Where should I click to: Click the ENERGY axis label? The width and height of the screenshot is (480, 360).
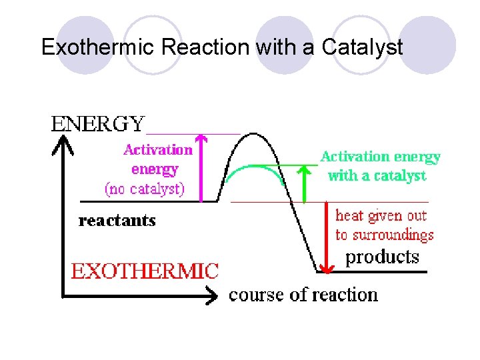[x=98, y=124]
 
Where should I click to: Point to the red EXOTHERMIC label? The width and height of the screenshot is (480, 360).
[x=145, y=271]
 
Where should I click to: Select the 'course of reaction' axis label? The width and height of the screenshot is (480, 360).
[x=303, y=295]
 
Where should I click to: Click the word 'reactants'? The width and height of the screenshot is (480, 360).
[x=117, y=221]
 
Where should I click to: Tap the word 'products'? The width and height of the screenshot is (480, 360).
[x=382, y=257]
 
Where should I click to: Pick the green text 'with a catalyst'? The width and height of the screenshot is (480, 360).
[x=377, y=176]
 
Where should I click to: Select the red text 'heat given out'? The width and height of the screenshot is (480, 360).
[x=381, y=215]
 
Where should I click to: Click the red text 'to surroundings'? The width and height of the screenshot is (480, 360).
[x=384, y=235]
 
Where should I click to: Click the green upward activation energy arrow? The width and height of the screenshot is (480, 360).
[x=305, y=183]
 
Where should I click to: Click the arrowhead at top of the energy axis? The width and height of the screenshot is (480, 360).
[x=63, y=141]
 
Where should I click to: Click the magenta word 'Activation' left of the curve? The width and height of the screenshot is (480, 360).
[x=157, y=149]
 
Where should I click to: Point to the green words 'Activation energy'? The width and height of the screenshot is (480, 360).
[x=380, y=157]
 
